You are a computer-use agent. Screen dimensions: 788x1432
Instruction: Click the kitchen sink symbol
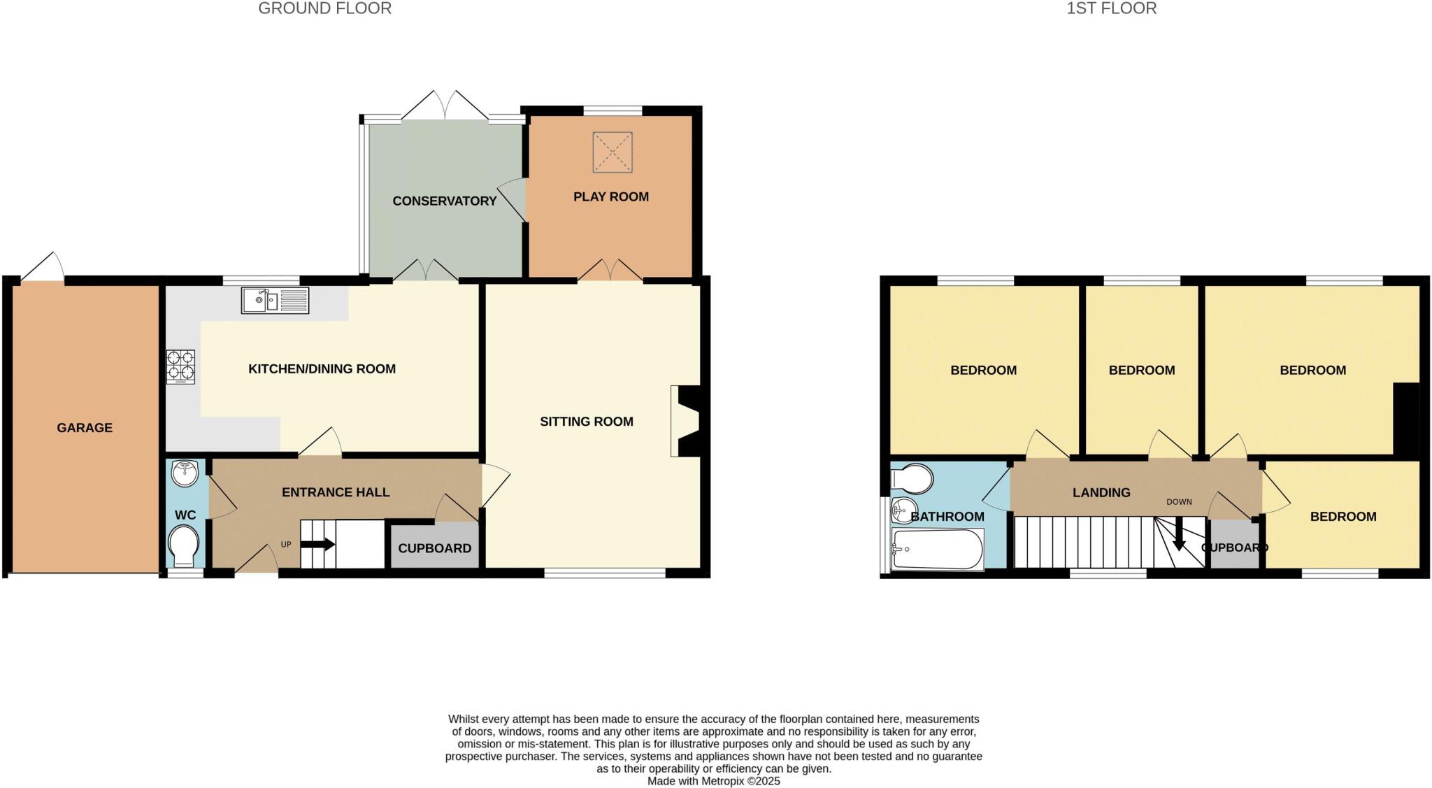275,301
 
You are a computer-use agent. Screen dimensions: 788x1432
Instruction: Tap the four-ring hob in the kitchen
180,366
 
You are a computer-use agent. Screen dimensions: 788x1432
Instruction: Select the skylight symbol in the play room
613,152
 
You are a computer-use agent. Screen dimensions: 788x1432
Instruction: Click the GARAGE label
85,427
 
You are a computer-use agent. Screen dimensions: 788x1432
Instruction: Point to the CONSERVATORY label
444,201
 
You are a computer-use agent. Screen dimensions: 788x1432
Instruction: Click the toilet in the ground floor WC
185,546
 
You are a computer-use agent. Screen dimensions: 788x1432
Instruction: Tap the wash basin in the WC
185,473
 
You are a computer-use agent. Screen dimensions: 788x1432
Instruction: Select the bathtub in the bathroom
938,550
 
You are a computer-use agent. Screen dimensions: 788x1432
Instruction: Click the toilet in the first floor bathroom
912,479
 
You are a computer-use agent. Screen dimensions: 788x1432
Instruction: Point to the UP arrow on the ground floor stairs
317,545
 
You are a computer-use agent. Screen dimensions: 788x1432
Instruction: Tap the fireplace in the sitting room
687,421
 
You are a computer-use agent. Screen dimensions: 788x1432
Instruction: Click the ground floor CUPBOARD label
434,548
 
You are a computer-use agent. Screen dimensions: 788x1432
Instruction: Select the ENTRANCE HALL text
336,492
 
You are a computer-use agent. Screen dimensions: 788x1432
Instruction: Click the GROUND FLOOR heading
324,8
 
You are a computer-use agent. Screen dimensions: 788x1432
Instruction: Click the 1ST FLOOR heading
1111,8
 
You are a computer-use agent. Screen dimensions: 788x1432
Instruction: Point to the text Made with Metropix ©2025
713,781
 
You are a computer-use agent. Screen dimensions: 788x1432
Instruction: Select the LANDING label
1101,493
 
